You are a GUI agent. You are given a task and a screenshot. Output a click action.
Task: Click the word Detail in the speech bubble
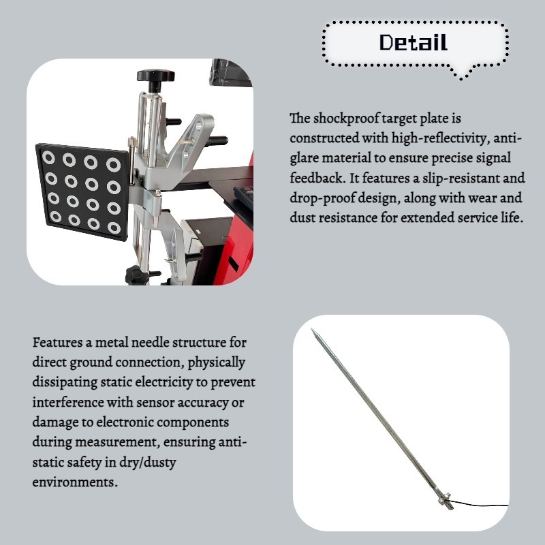(414, 43)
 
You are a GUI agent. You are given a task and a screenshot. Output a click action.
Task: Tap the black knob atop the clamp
(155, 76)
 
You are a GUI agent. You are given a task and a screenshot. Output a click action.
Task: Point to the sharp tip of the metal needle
(313, 331)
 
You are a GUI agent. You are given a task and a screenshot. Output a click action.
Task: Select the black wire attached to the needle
(484, 505)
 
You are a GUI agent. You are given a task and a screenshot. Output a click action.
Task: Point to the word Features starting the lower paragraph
(56, 341)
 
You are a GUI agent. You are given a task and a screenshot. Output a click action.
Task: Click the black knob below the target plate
(134, 275)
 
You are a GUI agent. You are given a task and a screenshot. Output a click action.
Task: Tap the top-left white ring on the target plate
(49, 158)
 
